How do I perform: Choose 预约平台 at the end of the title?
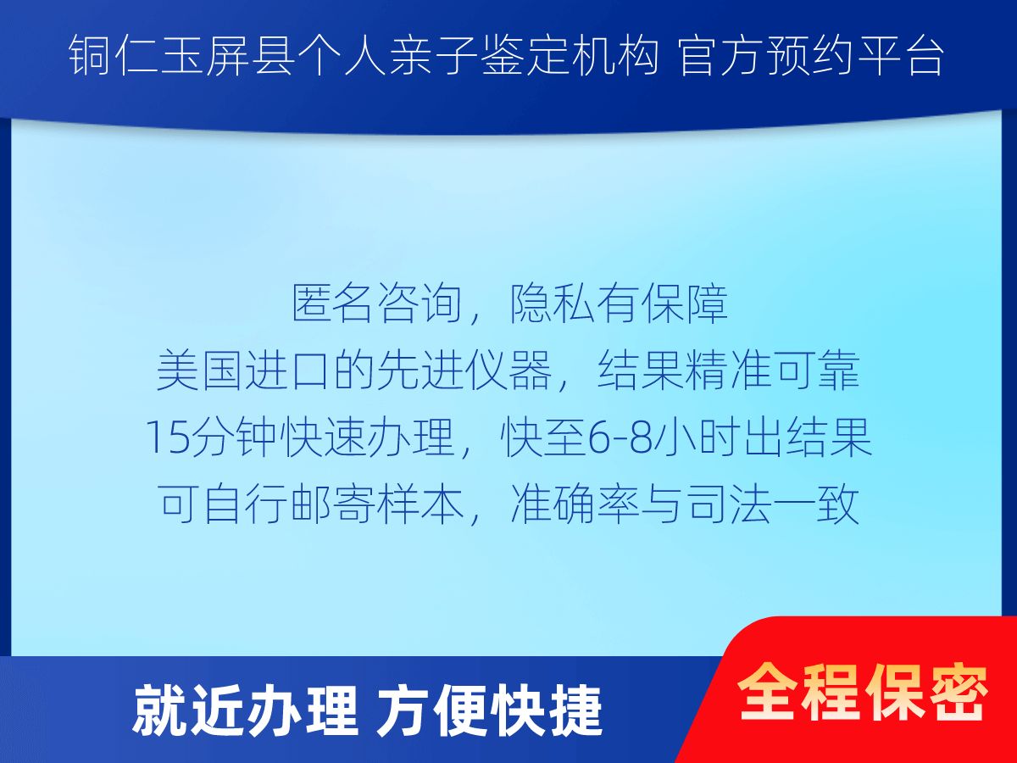(x=855, y=56)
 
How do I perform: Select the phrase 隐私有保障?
(x=618, y=304)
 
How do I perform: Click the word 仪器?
(x=508, y=371)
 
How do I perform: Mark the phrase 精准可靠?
(x=772, y=371)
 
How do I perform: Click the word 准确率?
(x=575, y=504)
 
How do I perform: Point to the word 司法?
(x=728, y=504)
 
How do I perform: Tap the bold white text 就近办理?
(x=245, y=712)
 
